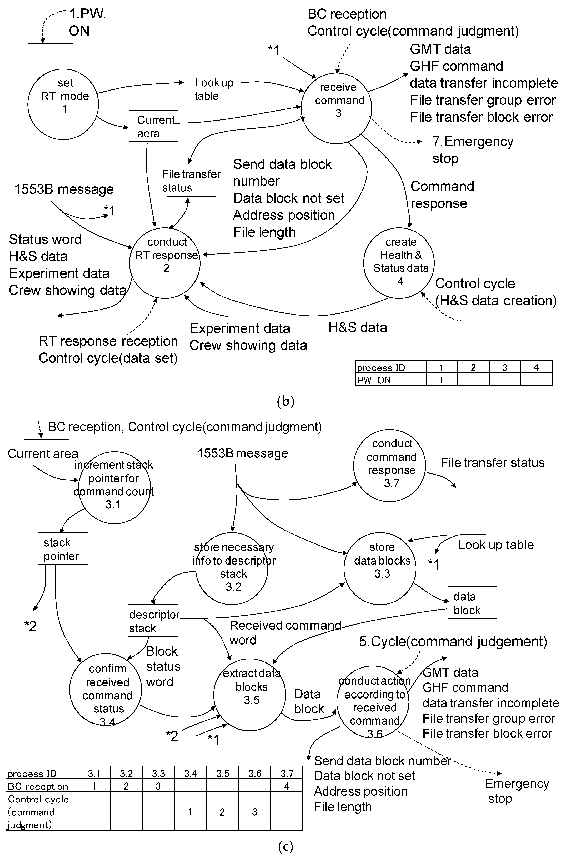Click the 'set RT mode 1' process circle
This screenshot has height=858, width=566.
[63, 104]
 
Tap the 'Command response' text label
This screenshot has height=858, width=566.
[442, 194]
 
